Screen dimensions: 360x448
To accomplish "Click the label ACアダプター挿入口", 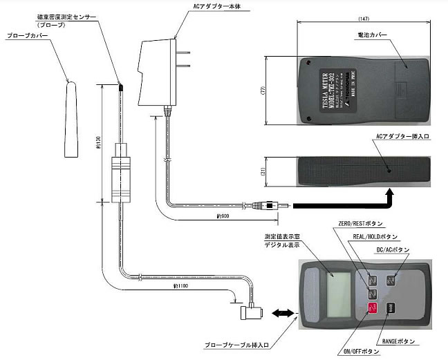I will pyautogui.click(x=404, y=137).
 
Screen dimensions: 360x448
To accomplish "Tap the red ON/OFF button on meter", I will pyautogui.click(x=371, y=310).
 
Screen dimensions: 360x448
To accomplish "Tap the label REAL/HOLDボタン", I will pyautogui.click(x=377, y=237).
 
